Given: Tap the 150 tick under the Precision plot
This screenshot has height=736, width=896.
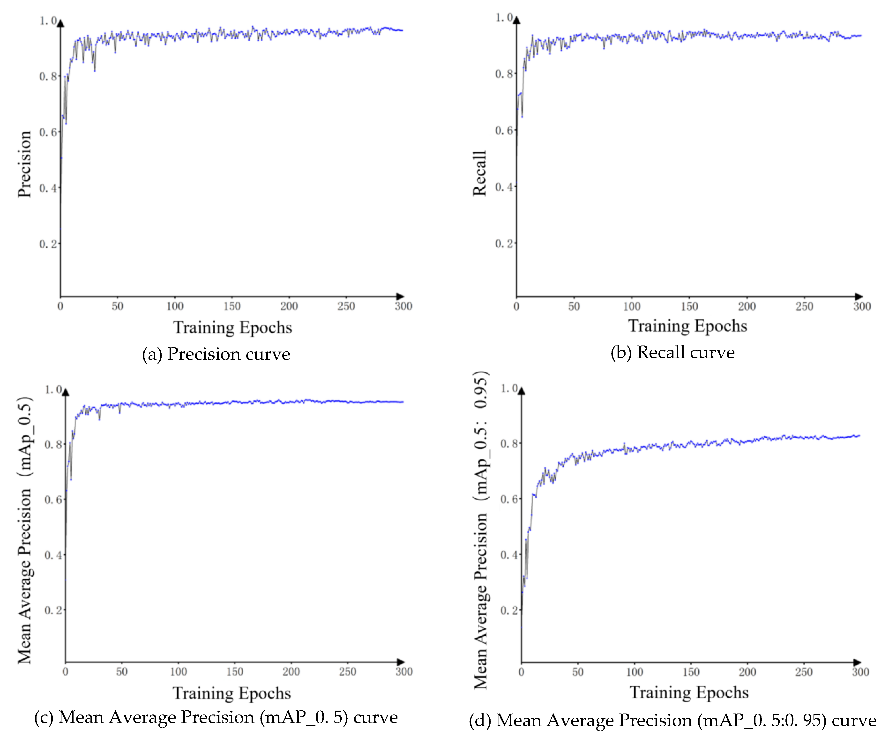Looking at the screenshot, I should pos(232,306).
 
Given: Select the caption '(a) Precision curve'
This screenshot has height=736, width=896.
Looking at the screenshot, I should pos(216,354).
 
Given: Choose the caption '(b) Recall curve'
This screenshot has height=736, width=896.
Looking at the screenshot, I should pos(672,352).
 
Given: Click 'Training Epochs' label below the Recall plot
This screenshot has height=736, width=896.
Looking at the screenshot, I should pos(687,326).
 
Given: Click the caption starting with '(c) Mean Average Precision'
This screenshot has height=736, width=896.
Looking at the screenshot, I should pos(216,717).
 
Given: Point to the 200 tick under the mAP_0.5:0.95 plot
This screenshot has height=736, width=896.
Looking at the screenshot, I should pos(747,672).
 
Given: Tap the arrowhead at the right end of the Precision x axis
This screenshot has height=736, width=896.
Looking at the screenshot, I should pos(400,296).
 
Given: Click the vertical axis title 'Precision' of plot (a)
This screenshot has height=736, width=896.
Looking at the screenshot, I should pos(25,164).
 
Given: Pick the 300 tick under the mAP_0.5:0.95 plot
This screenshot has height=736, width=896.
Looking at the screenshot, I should pos(860,672).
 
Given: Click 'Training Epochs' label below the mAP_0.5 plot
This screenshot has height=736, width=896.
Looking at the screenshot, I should pos(231,693).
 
